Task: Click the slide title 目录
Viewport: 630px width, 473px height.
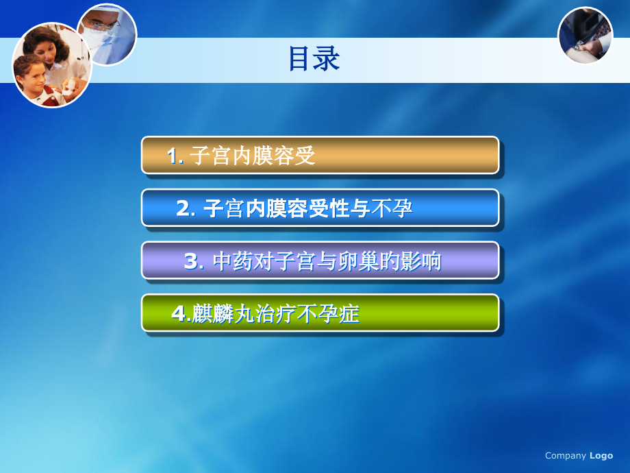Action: coord(314,59)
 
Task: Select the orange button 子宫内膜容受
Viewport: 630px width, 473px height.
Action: coord(320,155)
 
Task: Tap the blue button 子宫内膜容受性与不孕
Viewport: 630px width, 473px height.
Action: coord(320,208)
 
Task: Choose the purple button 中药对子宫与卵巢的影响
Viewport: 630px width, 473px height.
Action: coord(320,260)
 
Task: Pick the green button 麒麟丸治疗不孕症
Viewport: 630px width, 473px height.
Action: coord(320,313)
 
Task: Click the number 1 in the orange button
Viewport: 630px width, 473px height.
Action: coord(173,156)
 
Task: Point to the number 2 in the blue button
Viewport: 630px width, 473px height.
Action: coord(184,208)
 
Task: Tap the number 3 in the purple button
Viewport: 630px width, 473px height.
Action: coord(191,261)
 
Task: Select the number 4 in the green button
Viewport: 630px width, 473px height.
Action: coord(179,314)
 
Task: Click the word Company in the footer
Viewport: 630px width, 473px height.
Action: coord(566,456)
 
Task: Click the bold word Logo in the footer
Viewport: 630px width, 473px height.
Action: coord(601,456)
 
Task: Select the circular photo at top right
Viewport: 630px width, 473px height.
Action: coord(585,35)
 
